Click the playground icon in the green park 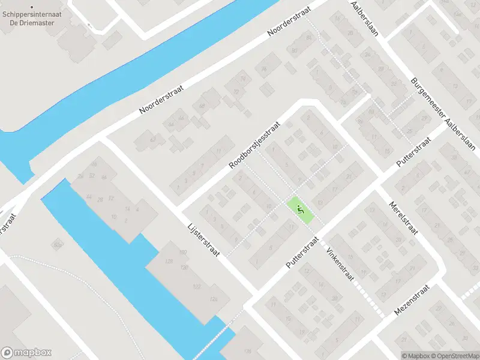click(301, 209)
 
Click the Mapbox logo click(26, 353)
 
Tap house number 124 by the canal click(213, 298)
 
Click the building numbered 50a click(58, 244)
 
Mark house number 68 click(201, 106)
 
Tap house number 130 click(185, 267)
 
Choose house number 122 click(196, 287)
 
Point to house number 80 click(294, 50)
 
